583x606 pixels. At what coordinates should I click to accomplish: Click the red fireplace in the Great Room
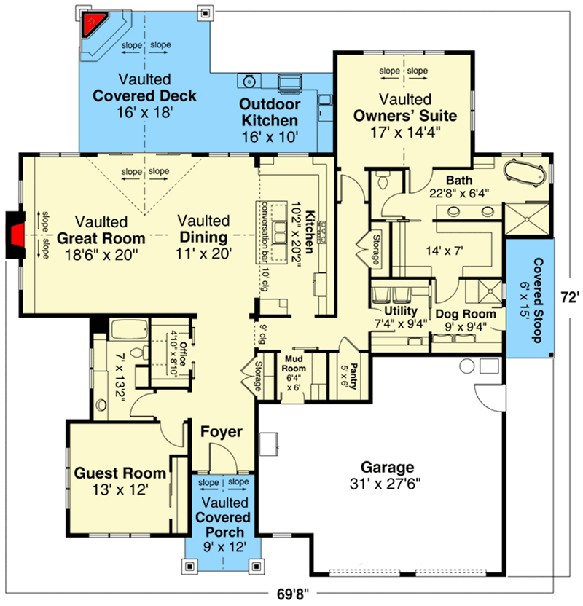[x=16, y=235]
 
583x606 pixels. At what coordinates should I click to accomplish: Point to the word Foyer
[x=222, y=432]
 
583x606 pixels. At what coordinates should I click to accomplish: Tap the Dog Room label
[x=466, y=315]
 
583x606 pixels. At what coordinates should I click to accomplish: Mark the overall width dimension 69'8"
[x=297, y=592]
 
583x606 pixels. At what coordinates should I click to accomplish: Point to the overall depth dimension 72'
[x=570, y=297]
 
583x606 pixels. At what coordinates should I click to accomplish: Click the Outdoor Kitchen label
[x=269, y=113]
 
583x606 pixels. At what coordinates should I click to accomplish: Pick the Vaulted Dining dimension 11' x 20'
[x=203, y=254]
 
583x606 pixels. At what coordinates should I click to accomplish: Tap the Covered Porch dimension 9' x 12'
[x=224, y=546]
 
